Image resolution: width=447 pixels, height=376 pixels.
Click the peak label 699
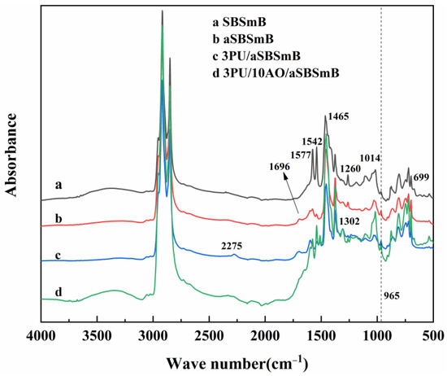point(420,177)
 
